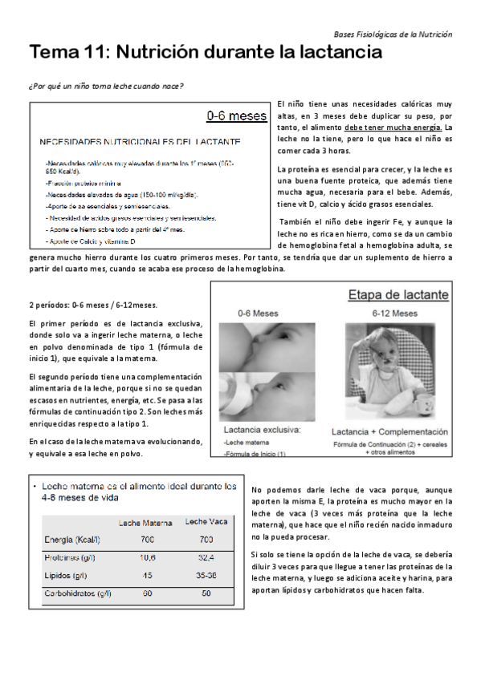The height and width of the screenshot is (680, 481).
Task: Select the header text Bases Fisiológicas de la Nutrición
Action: click(392, 34)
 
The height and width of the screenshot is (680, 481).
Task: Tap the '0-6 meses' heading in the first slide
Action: click(236, 116)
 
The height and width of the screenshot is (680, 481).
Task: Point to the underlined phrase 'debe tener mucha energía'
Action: click(393, 127)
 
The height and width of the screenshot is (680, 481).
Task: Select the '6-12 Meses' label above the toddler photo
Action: click(393, 314)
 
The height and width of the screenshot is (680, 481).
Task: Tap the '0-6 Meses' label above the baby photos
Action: click(259, 313)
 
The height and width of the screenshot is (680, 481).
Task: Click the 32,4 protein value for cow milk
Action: click(206, 556)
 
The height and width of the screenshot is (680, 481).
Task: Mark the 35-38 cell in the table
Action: click(206, 575)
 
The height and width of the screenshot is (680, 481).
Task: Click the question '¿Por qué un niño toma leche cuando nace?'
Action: click(106, 86)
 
